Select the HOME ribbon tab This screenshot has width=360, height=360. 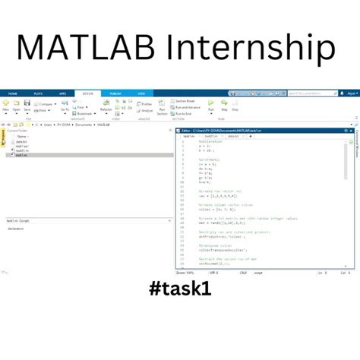point(12,93)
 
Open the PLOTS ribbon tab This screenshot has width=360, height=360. point(38,93)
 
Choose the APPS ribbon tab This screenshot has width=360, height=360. point(62,93)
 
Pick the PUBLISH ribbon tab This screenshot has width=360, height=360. point(115,93)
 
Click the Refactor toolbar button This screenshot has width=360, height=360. point(106,109)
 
